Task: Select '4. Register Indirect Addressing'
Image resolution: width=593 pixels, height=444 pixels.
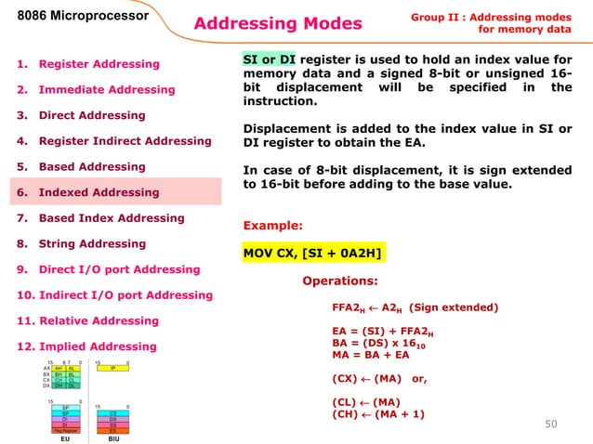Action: (x=112, y=141)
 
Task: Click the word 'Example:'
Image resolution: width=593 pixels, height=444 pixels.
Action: (x=272, y=225)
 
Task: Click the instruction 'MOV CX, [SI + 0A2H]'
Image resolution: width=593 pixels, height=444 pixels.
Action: (x=313, y=252)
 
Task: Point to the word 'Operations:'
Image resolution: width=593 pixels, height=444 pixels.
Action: (x=339, y=281)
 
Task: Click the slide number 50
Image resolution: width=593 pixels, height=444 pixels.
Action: (x=555, y=424)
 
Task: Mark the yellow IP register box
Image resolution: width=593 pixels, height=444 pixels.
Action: (x=112, y=368)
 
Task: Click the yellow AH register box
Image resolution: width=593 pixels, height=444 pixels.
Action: (x=58, y=368)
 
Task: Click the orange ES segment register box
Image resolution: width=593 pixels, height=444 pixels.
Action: (x=112, y=429)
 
